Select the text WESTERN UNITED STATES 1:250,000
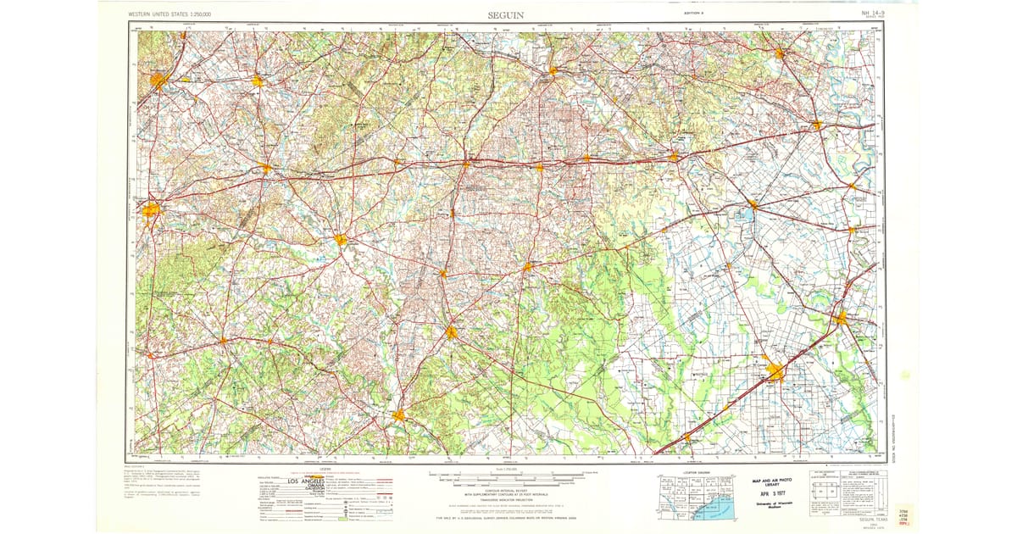(170, 15)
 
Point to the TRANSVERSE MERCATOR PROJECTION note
(508, 501)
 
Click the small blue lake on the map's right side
(745, 215)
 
